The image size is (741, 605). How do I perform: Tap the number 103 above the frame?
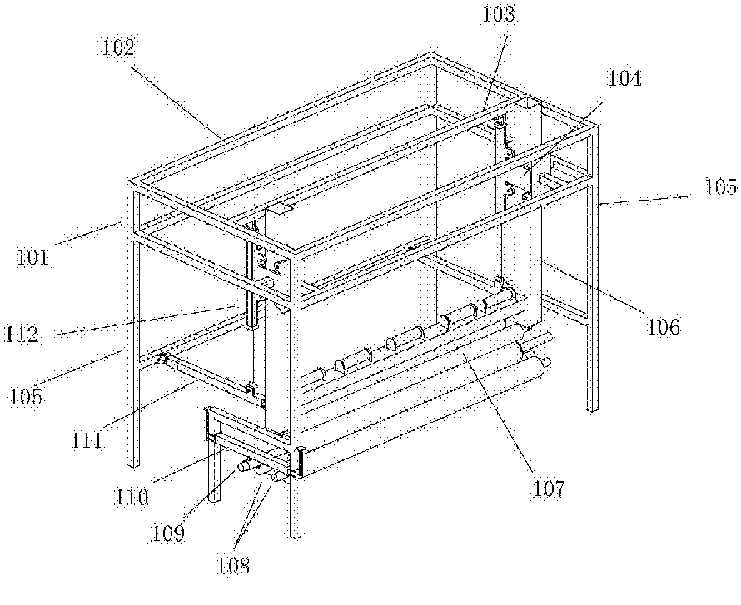(x=499, y=14)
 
